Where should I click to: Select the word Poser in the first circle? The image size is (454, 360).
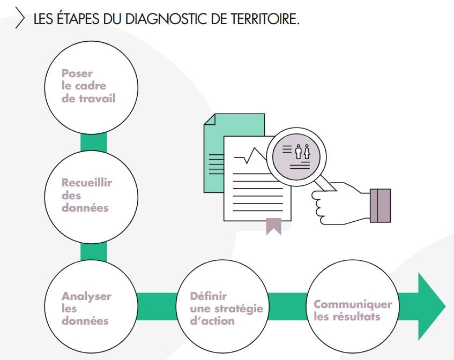click(x=77, y=73)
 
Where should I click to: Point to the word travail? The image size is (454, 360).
click(x=96, y=99)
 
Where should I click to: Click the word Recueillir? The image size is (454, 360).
click(x=87, y=183)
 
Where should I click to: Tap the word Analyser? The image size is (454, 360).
click(x=86, y=296)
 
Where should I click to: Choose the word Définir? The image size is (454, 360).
click(x=209, y=296)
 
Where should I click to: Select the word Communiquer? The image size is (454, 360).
click(x=353, y=304)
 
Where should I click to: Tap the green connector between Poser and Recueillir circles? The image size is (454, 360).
click(x=93, y=143)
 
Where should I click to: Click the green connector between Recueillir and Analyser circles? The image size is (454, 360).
click(x=93, y=252)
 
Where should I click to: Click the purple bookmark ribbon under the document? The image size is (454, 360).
click(x=273, y=227)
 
